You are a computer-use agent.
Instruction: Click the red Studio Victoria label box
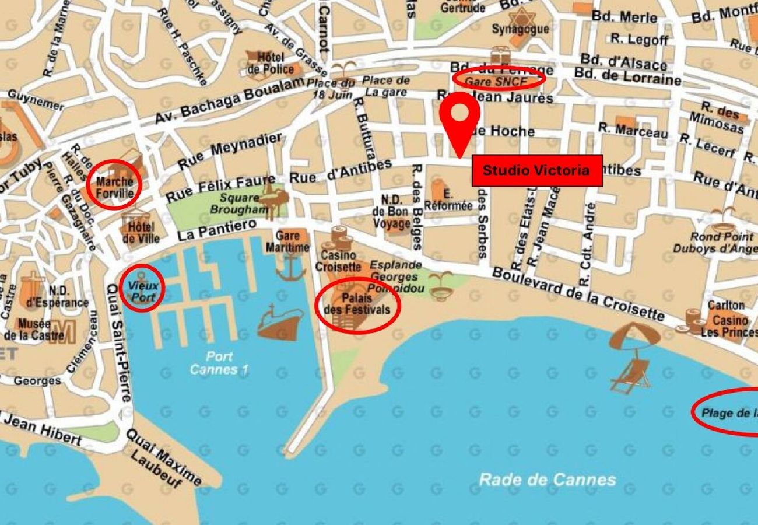click(536, 171)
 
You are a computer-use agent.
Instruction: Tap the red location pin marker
click(460, 119)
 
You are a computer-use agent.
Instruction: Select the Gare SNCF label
click(499, 79)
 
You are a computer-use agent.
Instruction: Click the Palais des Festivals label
click(357, 304)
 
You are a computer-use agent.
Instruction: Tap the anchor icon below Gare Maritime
click(290, 268)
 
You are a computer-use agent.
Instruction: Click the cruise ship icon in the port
click(280, 323)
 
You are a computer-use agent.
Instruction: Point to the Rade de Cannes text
click(547, 480)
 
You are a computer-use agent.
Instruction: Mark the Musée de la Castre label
click(33, 329)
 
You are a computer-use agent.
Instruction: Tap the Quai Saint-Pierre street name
click(117, 342)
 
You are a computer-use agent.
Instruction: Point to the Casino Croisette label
click(338, 261)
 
